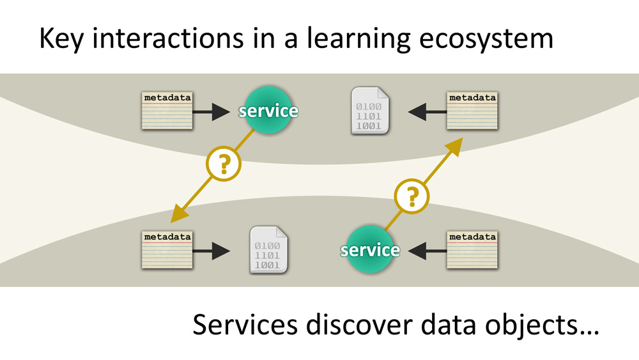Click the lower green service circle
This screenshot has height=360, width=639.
pyautogui.click(x=370, y=249)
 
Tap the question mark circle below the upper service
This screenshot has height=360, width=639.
pyautogui.click(x=224, y=166)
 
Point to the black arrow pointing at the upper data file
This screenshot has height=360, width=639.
pyautogui.click(x=426, y=113)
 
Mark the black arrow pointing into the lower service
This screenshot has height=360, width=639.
pyautogui.click(x=426, y=250)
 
